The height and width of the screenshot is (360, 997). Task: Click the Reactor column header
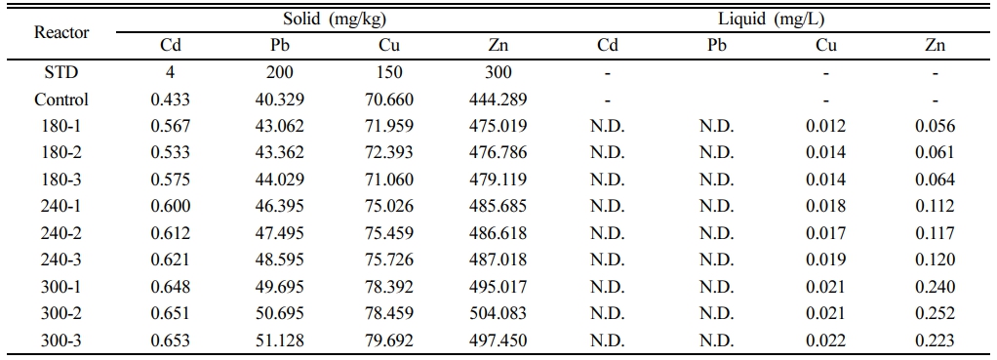click(x=61, y=32)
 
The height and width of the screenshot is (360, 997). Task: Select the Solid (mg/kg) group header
click(x=335, y=20)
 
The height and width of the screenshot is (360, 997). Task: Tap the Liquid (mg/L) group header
click(x=772, y=20)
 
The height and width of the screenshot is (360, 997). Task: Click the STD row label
click(x=61, y=73)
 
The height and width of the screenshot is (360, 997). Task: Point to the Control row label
click(x=61, y=100)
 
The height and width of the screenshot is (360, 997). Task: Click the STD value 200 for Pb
click(x=280, y=73)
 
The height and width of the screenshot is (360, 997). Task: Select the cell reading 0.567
click(x=170, y=127)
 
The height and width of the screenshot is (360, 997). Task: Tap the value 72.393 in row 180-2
click(x=389, y=153)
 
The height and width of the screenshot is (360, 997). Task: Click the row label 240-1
click(x=61, y=207)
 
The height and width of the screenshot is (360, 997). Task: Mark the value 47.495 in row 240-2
click(x=280, y=233)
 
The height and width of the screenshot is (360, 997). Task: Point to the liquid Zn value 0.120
click(x=935, y=260)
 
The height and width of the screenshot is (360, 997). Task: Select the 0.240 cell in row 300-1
click(x=935, y=287)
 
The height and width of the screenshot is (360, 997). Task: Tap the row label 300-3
click(x=61, y=340)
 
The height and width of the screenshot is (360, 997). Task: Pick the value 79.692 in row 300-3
click(x=389, y=340)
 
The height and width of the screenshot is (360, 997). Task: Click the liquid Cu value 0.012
click(x=826, y=127)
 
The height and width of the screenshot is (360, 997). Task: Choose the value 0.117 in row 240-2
click(x=935, y=233)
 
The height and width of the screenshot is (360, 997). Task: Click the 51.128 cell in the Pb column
click(x=280, y=340)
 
